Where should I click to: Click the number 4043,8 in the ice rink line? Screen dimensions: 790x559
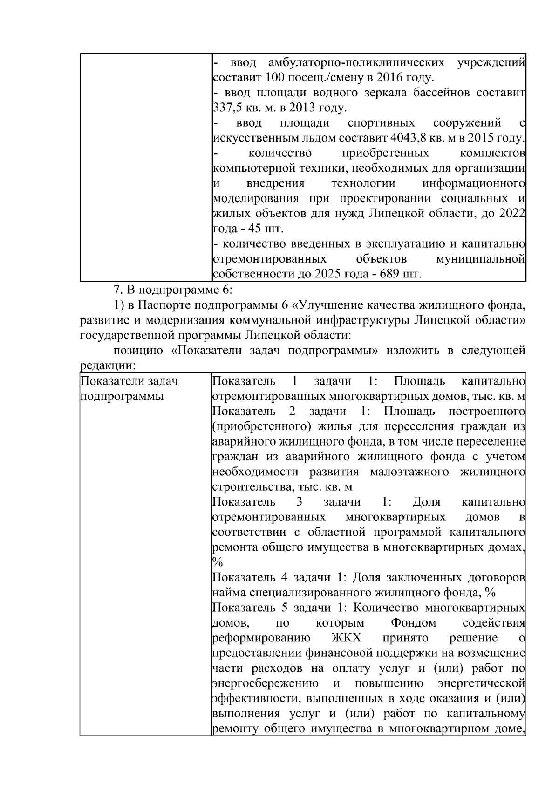(x=405, y=138)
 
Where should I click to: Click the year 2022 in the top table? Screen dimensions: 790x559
(x=512, y=214)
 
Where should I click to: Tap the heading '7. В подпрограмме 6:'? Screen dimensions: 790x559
(x=173, y=290)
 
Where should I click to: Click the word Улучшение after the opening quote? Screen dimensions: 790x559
(x=330, y=305)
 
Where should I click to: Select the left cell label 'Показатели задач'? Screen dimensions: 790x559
(x=129, y=381)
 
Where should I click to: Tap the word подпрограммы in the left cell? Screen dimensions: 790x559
(x=122, y=397)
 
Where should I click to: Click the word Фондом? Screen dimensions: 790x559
(x=414, y=623)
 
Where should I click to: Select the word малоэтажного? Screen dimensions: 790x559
(x=409, y=472)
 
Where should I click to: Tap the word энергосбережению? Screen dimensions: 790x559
(x=266, y=683)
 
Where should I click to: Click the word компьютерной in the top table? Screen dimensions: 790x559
(x=250, y=169)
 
